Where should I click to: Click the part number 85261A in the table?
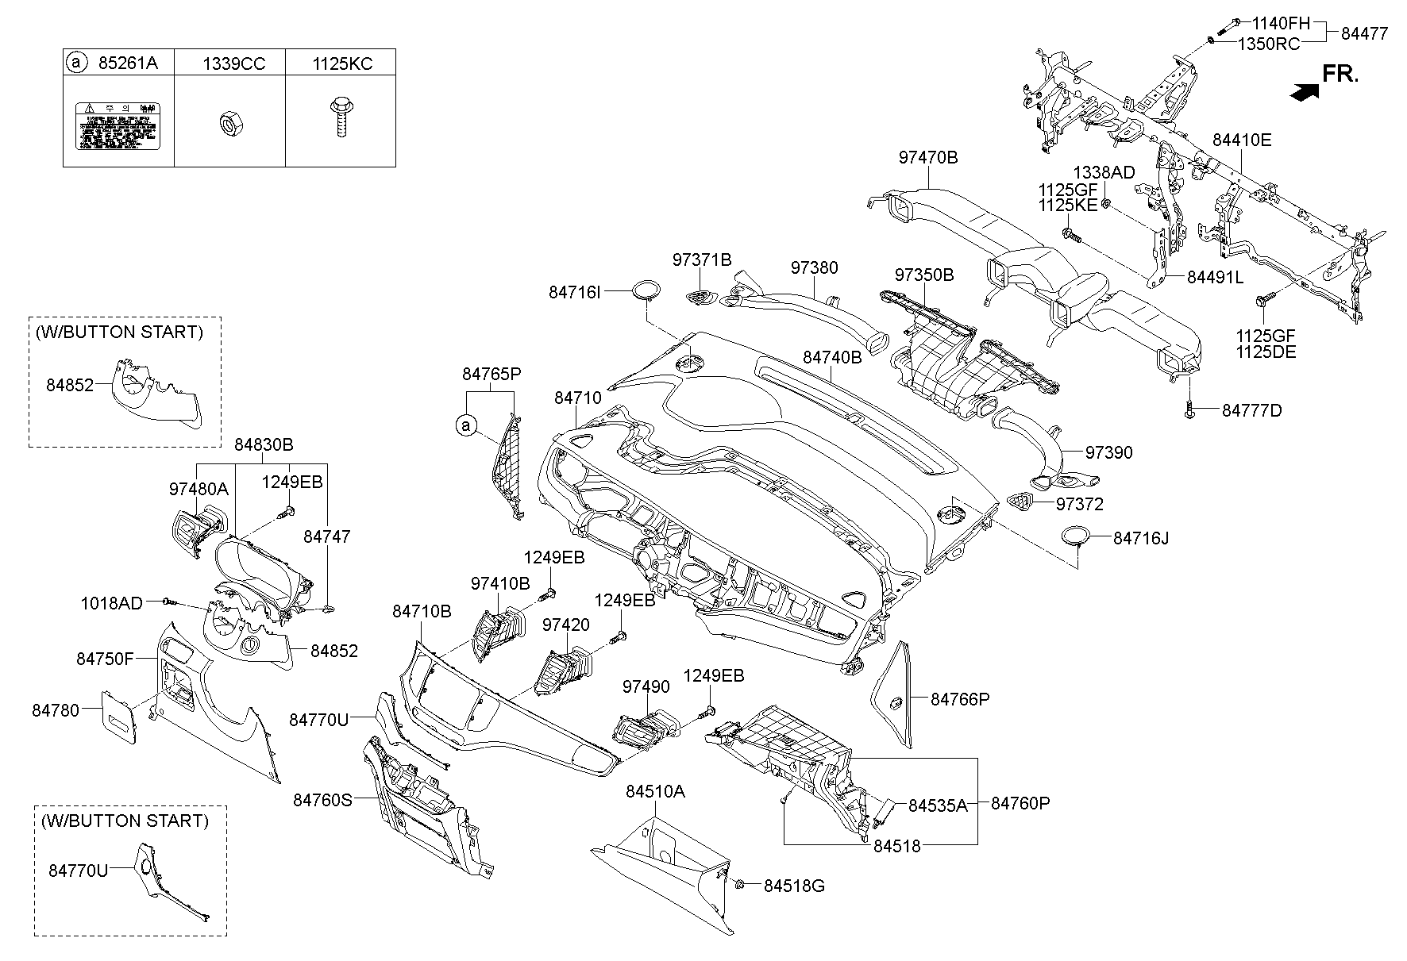(128, 63)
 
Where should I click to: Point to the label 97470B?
(928, 158)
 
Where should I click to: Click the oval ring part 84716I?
(647, 290)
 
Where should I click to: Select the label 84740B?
(831, 358)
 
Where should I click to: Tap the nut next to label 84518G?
(738, 884)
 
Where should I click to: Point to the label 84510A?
(655, 791)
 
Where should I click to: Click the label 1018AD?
(111, 604)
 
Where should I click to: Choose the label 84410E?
(1242, 140)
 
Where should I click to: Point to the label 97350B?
(924, 275)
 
